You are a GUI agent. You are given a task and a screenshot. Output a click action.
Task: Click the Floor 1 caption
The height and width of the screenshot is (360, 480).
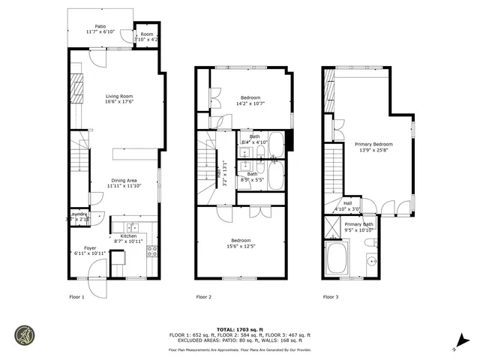point(76,297)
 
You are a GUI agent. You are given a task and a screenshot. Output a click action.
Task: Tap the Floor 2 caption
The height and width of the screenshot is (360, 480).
point(203,297)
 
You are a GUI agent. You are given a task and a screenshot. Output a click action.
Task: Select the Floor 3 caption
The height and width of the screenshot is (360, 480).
point(330,297)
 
